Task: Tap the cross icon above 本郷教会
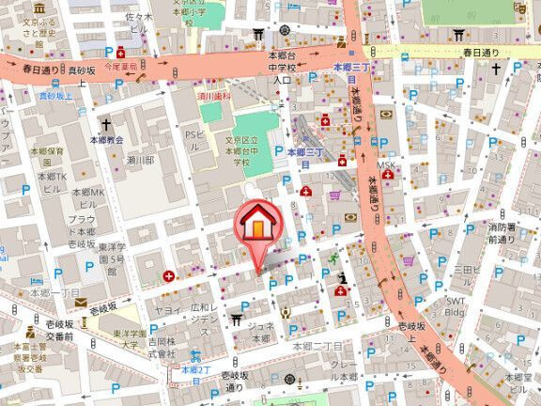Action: click(106, 124)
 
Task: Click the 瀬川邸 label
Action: click(140, 161)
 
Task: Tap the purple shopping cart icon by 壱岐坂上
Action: click(408, 261)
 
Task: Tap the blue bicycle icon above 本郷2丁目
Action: click(194, 355)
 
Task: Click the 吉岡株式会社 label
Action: click(168, 348)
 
